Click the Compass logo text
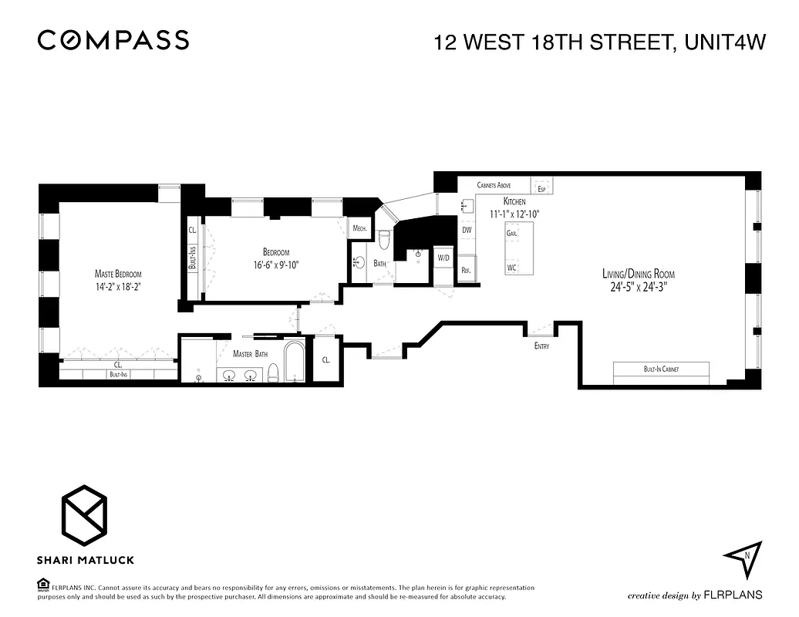[113, 40]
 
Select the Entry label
[541, 346]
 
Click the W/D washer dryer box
[443, 258]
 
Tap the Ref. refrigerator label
[466, 271]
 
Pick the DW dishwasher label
[467, 230]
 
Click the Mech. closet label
[359, 228]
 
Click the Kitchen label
[514, 201]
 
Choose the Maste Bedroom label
[118, 274]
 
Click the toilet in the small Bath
[383, 240]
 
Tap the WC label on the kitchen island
[511, 268]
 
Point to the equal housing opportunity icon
[42, 585]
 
